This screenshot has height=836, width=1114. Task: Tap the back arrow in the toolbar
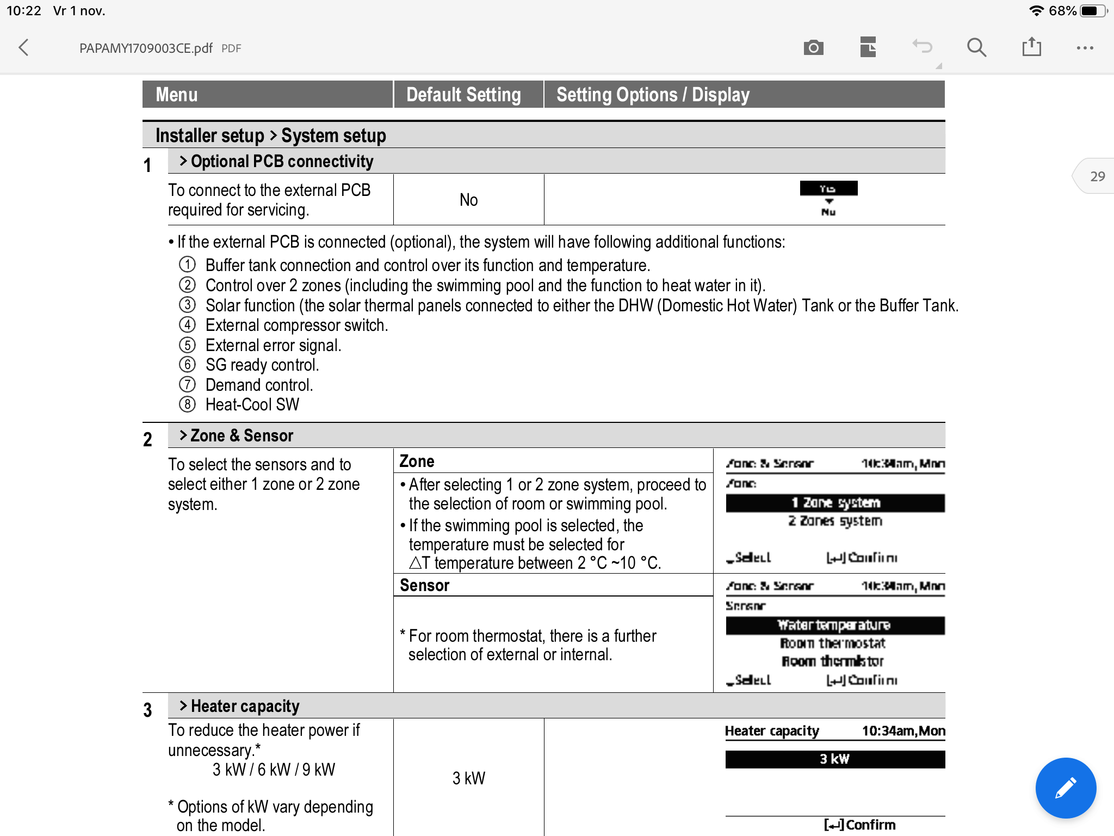pos(23,48)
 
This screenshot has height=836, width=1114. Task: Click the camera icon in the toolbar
pos(813,48)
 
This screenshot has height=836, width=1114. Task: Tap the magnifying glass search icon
pos(976,48)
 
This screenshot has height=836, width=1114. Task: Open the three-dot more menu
pos(1085,48)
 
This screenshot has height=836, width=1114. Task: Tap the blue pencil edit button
pos(1065,788)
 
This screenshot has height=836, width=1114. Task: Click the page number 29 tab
pos(1097,176)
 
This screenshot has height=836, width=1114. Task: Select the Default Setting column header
pos(463,95)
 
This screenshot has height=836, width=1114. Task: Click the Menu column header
pos(177,95)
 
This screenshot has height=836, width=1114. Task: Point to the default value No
pos(468,200)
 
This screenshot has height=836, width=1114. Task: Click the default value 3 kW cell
pos(468,778)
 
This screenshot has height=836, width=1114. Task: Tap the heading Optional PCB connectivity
pos(282,161)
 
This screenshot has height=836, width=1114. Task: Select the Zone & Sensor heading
pos(242,435)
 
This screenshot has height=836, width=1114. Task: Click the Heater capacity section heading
pos(245,706)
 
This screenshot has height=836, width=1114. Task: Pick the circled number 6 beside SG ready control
pos(187,365)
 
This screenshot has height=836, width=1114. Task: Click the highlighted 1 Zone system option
pos(835,503)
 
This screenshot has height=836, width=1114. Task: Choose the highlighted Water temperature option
pos(835,625)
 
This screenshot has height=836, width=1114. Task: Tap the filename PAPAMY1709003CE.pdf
pos(146,48)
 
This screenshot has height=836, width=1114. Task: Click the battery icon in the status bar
pos(1092,11)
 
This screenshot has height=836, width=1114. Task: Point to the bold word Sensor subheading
pos(424,585)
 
